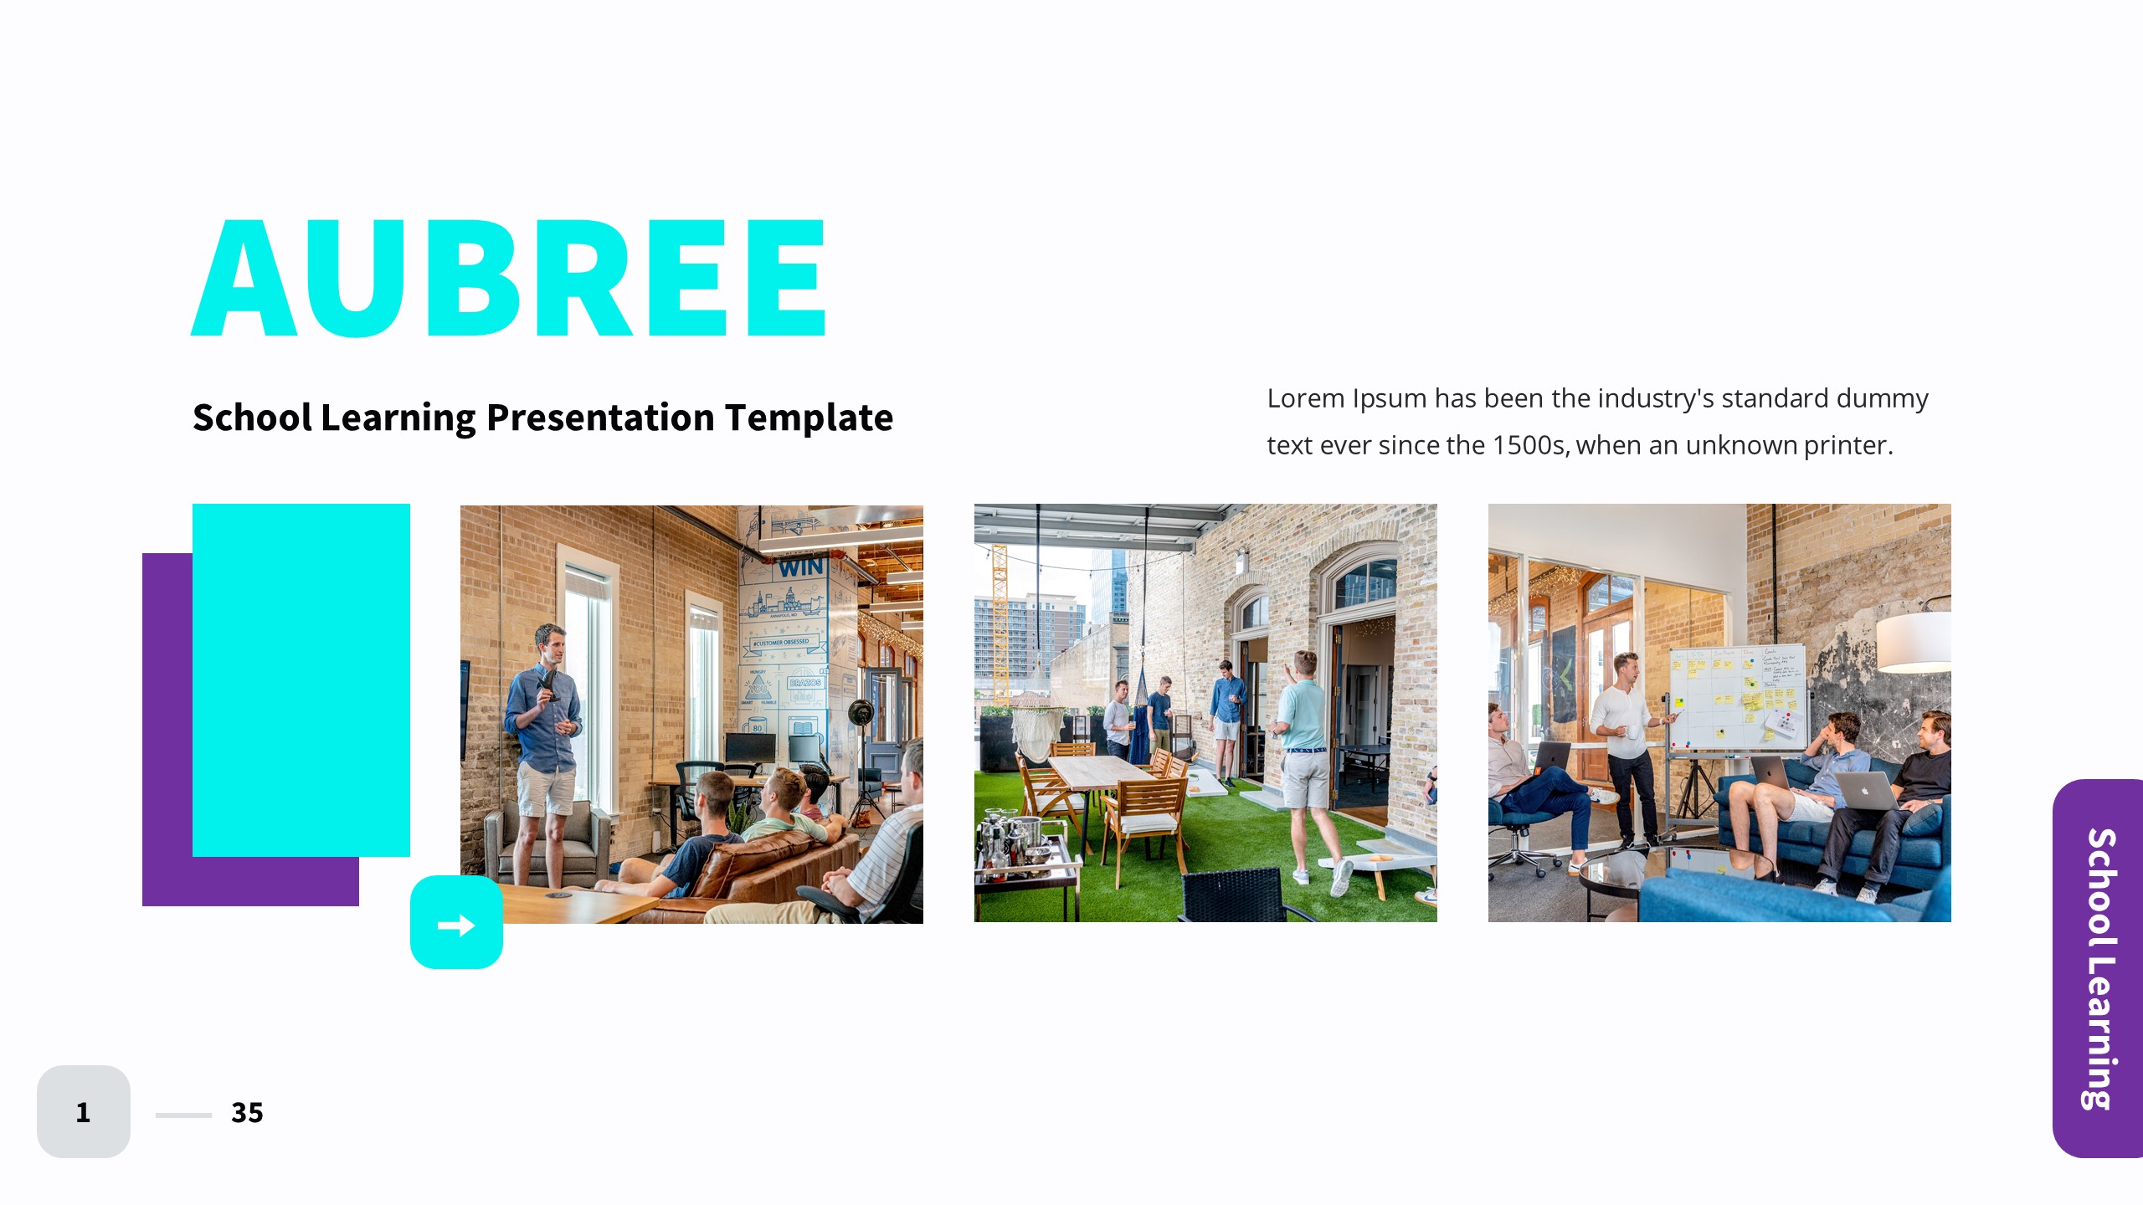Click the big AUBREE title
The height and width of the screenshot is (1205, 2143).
[x=509, y=278]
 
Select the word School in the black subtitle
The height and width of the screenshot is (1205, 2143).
[x=252, y=418]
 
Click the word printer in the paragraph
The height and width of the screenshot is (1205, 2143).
[x=1847, y=445]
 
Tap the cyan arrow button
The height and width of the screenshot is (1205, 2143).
[x=456, y=923]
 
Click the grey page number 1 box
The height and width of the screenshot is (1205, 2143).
[x=83, y=1111]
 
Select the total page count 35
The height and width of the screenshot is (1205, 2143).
[x=247, y=1112]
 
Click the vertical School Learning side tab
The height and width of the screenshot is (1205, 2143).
[x=2099, y=968]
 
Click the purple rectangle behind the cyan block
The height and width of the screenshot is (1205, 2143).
[x=167, y=753]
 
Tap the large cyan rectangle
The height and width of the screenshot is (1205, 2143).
[x=301, y=679]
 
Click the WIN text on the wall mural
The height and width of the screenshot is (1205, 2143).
[x=800, y=567]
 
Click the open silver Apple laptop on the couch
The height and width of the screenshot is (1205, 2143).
[x=1867, y=791]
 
